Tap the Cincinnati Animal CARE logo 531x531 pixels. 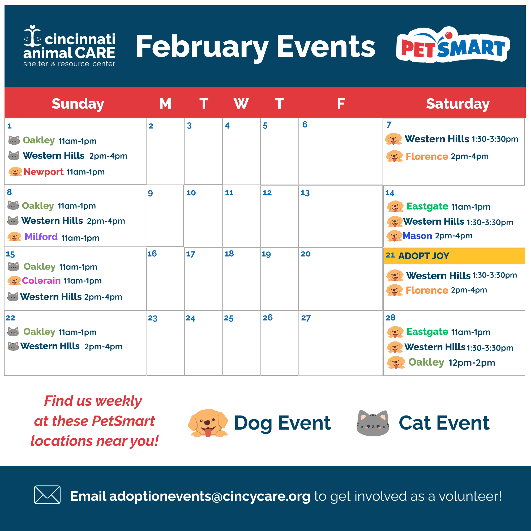pyautogui.click(x=69, y=46)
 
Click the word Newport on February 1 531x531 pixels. pyautogui.click(x=44, y=172)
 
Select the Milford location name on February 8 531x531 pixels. pyautogui.click(x=41, y=237)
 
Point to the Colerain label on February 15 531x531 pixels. pyautogui.click(x=41, y=281)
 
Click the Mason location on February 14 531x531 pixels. pyautogui.click(x=417, y=236)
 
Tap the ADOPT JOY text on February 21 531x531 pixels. pyautogui.click(x=423, y=256)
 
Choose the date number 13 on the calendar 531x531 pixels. pyautogui.click(x=305, y=193)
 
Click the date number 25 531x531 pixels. pyautogui.click(x=229, y=318)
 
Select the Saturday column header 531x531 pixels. pyautogui.click(x=458, y=104)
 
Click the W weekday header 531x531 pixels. pyautogui.click(x=241, y=104)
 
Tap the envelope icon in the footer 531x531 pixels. pyautogui.click(x=47, y=495)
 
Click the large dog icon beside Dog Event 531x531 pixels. pyautogui.click(x=208, y=423)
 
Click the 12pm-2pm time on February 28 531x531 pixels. pyautogui.click(x=472, y=363)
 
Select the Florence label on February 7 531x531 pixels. pyautogui.click(x=427, y=156)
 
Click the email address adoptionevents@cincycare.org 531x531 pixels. pyautogui.click(x=210, y=496)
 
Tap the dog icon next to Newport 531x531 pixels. pyautogui.click(x=15, y=172)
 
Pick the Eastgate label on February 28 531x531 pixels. pyautogui.click(x=427, y=331)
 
